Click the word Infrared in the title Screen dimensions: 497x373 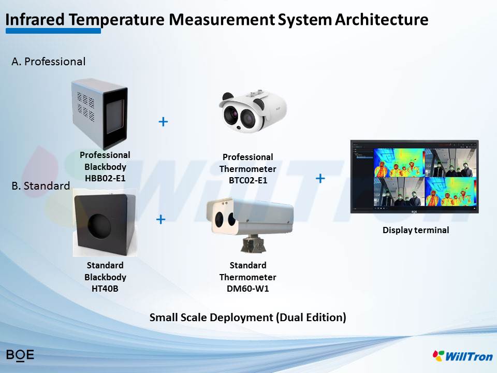(35, 20)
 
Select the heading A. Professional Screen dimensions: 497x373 (49, 61)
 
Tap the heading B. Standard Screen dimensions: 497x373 (40, 185)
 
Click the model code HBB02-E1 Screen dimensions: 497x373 (105, 178)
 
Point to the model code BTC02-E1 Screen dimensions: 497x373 (248, 180)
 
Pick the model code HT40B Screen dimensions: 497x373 (105, 289)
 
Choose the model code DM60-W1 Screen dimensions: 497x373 (248, 289)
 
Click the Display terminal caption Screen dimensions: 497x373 (416, 230)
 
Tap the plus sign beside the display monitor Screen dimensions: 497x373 (320, 179)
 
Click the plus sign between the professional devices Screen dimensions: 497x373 (163, 122)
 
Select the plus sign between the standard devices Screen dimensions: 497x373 (161, 219)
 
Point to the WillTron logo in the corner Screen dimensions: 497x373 (462, 356)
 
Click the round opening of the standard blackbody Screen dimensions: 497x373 (99, 226)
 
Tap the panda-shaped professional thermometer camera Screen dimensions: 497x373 (253, 111)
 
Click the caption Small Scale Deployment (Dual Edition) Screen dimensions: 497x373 (248, 318)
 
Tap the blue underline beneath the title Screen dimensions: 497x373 (53, 31)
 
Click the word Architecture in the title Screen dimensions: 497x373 (382, 20)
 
